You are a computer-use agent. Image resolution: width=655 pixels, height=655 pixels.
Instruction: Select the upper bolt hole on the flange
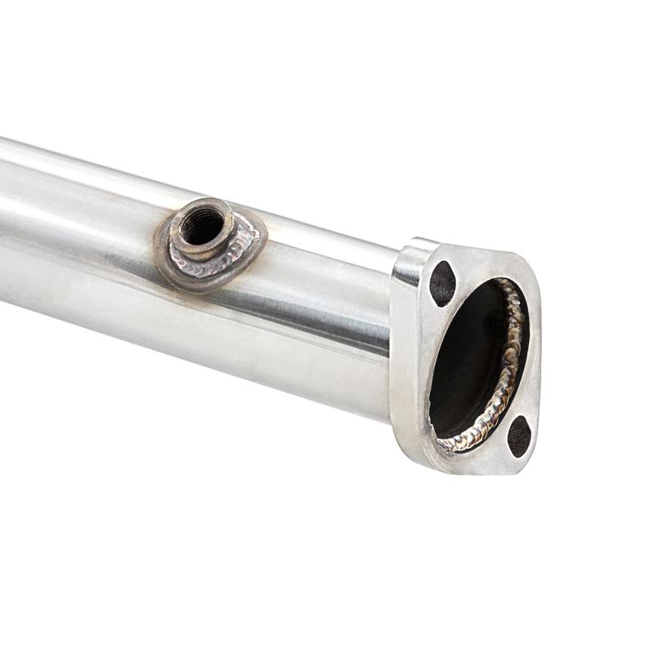tap(442, 283)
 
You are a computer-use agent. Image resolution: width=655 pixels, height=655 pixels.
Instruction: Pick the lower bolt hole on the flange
tap(518, 436)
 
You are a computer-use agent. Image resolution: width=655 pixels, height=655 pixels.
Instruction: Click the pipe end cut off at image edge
tap(4, 221)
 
